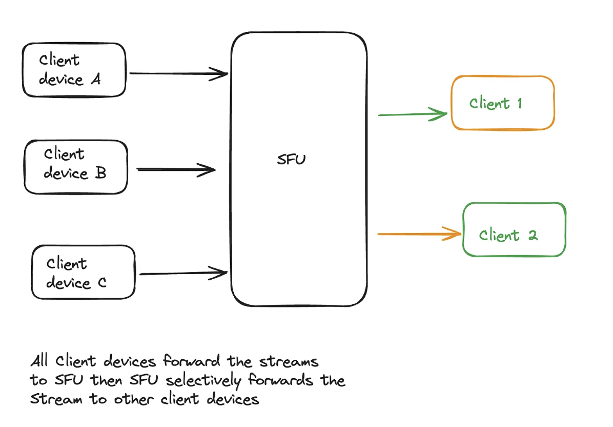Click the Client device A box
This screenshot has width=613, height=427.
pyautogui.click(x=74, y=69)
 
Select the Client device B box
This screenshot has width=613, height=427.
pyautogui.click(x=76, y=167)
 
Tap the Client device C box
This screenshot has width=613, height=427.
pyautogui.click(x=83, y=272)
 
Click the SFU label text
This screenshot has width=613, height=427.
pyautogui.click(x=291, y=160)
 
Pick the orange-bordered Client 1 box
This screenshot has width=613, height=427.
pyautogui.click(x=502, y=103)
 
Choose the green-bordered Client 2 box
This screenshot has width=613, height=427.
pyautogui.click(x=514, y=229)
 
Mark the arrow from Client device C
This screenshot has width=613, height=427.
pyautogui.click(x=183, y=273)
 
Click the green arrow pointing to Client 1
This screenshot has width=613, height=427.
pyautogui.click(x=413, y=114)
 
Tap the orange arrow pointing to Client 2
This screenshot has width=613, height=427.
pyautogui.click(x=419, y=234)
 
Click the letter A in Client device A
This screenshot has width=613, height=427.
pyautogui.click(x=95, y=79)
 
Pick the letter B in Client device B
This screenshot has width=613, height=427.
pyautogui.click(x=100, y=173)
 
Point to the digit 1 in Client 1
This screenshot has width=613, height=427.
pyautogui.click(x=519, y=104)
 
